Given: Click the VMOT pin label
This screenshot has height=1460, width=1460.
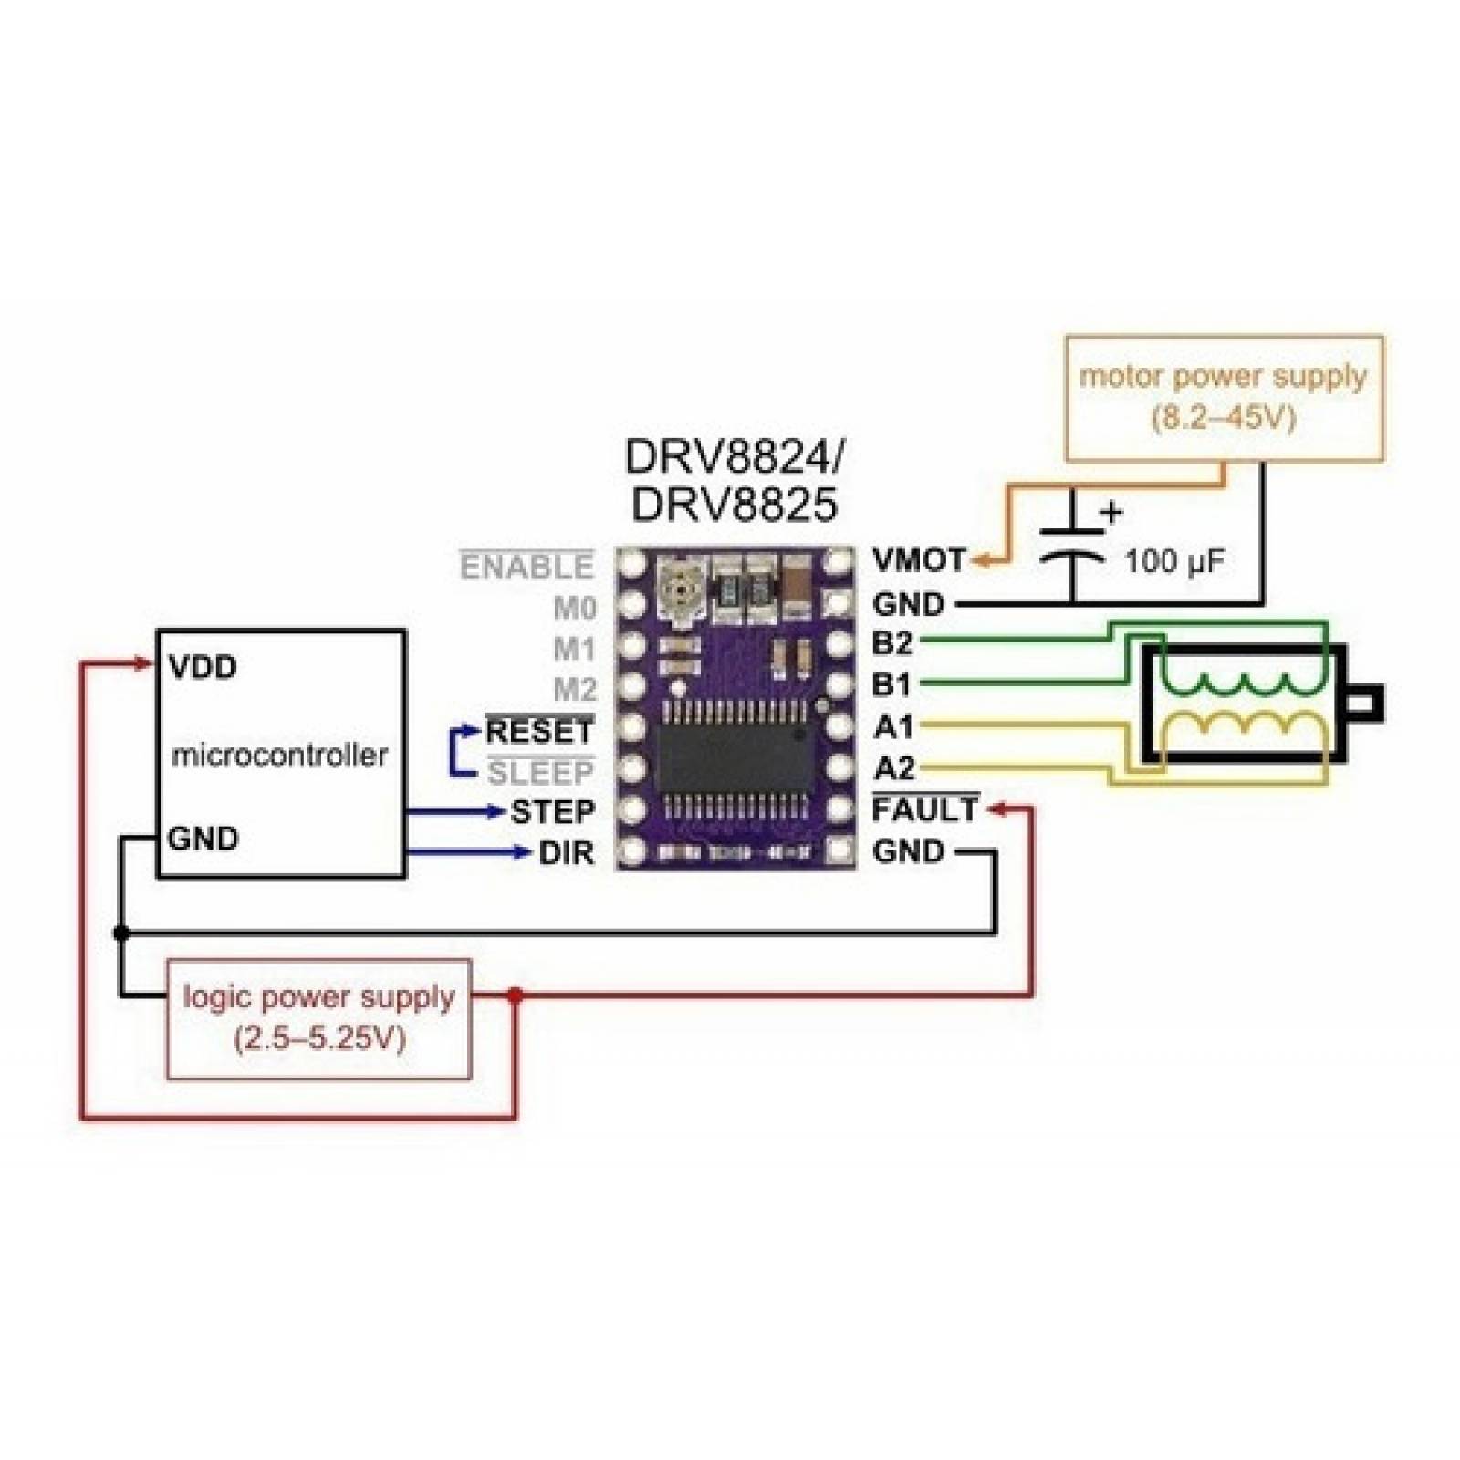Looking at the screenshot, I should pyautogui.click(x=918, y=559).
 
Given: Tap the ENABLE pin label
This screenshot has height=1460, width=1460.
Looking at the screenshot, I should pyautogui.click(x=527, y=567).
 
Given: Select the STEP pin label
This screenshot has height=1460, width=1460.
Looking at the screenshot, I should pyautogui.click(x=552, y=811).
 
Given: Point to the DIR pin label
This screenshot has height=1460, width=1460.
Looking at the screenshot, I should pyautogui.click(x=566, y=853).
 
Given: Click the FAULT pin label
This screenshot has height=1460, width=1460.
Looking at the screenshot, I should pyautogui.click(x=925, y=809).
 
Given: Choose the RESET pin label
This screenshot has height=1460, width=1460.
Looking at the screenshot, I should pyautogui.click(x=539, y=731).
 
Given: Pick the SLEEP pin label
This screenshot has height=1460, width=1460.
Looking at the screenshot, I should pyautogui.click(x=540, y=773).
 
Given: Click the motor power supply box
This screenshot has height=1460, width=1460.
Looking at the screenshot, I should pyautogui.click(x=1224, y=398).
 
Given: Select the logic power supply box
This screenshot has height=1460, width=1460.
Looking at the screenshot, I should pyautogui.click(x=318, y=1018).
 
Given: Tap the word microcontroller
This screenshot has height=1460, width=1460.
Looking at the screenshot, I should pyautogui.click(x=279, y=756).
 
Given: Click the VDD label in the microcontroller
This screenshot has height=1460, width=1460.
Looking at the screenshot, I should pyautogui.click(x=203, y=667).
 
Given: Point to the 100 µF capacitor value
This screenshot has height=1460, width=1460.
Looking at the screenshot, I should pyautogui.click(x=1173, y=561).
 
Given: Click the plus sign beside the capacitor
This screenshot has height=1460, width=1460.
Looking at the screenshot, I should pyautogui.click(x=1111, y=513).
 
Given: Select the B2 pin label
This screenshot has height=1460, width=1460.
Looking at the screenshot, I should pyautogui.click(x=892, y=643).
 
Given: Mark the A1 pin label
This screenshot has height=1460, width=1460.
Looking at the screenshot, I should pyautogui.click(x=892, y=727).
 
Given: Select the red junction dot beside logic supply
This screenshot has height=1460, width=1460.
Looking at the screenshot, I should pyautogui.click(x=515, y=996).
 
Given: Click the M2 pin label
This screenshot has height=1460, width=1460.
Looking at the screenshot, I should pyautogui.click(x=574, y=689).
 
